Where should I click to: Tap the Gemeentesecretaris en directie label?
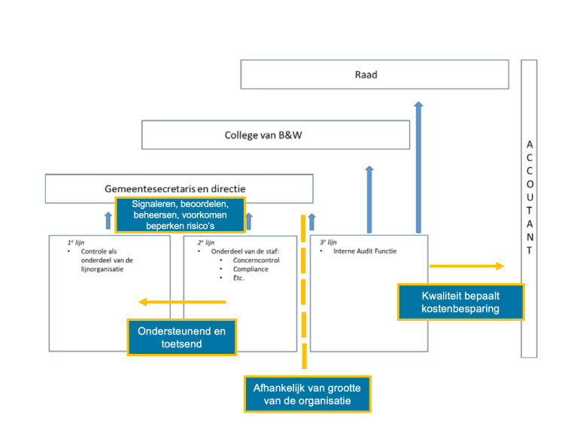(178, 189)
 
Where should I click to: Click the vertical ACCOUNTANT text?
(529, 197)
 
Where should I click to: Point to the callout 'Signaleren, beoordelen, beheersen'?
(180, 215)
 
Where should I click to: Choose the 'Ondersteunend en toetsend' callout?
(181, 337)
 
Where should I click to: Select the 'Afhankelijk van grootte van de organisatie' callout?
(307, 394)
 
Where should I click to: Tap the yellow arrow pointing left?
(181, 302)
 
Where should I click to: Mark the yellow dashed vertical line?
(304, 301)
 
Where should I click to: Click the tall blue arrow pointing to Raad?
(418, 166)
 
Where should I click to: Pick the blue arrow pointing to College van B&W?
(369, 199)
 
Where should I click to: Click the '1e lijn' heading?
(75, 243)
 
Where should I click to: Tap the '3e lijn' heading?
(328, 242)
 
